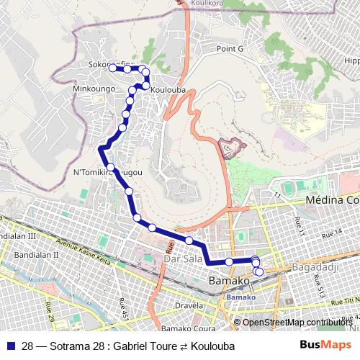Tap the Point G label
[232, 48]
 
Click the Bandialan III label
[17, 236]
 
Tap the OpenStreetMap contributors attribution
[297, 323]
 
